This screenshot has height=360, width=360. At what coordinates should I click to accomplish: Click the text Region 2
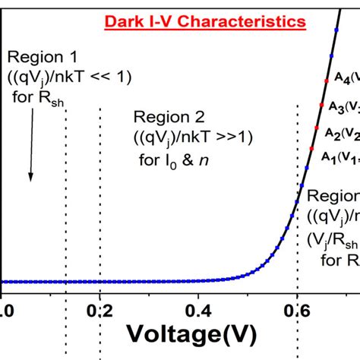[x=163, y=116]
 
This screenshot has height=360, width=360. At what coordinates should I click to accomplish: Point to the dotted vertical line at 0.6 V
[x=297, y=228]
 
